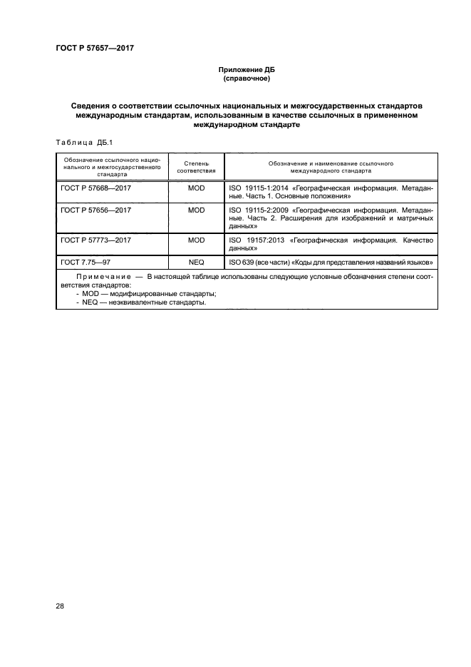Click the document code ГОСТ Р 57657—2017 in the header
tap(94, 49)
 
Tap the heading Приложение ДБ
tap(246, 70)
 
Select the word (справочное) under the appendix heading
tap(246, 79)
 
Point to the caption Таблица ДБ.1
tap(79, 141)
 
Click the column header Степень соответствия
tap(196, 168)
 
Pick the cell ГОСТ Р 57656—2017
tap(96, 210)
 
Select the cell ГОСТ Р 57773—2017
tap(96, 240)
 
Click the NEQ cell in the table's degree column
tap(196, 263)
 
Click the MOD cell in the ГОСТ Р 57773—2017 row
tap(196, 240)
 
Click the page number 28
tap(59, 606)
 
